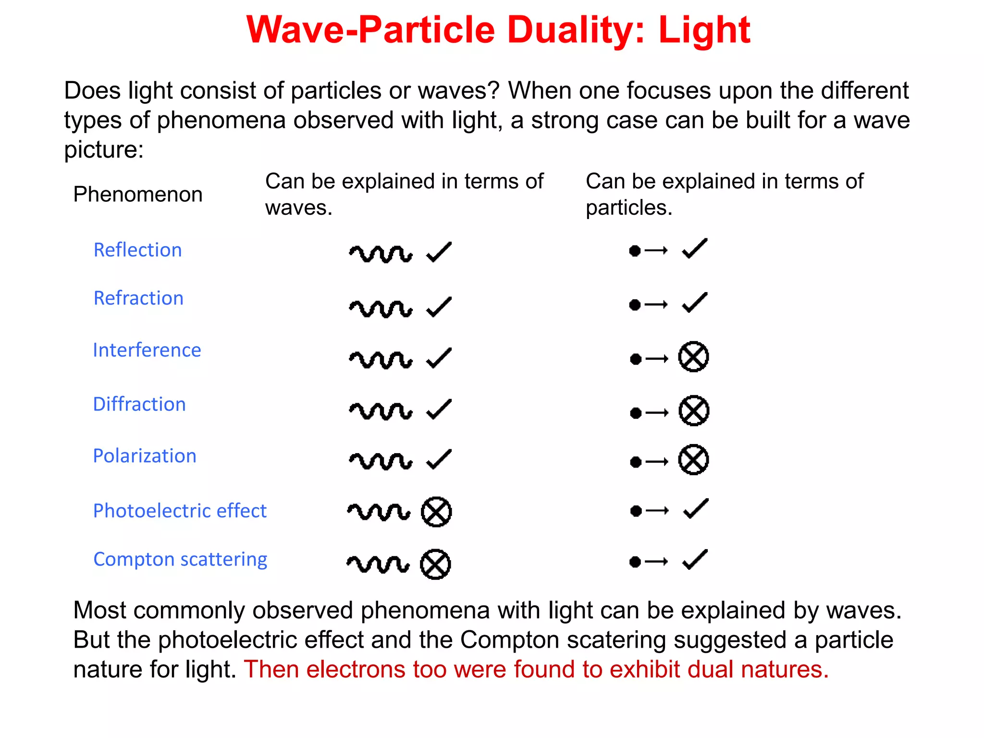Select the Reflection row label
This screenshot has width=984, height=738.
137,250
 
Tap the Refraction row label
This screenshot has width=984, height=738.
138,298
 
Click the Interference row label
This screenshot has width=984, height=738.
147,350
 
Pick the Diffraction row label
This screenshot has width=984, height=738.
139,405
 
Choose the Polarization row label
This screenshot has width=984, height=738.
144,456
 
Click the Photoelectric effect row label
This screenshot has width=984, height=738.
179,511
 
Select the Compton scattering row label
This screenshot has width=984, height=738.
180,559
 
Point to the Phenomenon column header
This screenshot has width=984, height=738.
137,195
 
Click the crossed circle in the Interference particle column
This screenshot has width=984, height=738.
693,357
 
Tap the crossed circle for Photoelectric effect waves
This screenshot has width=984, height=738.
436,512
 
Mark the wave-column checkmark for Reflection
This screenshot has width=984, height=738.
439,252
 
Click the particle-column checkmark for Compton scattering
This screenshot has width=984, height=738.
695,560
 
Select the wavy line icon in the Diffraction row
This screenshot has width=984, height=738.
380,411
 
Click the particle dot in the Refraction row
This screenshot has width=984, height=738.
635,305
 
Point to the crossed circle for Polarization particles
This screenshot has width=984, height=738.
693,460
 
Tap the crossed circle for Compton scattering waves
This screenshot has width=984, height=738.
435,564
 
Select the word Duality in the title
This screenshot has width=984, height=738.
575,30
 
